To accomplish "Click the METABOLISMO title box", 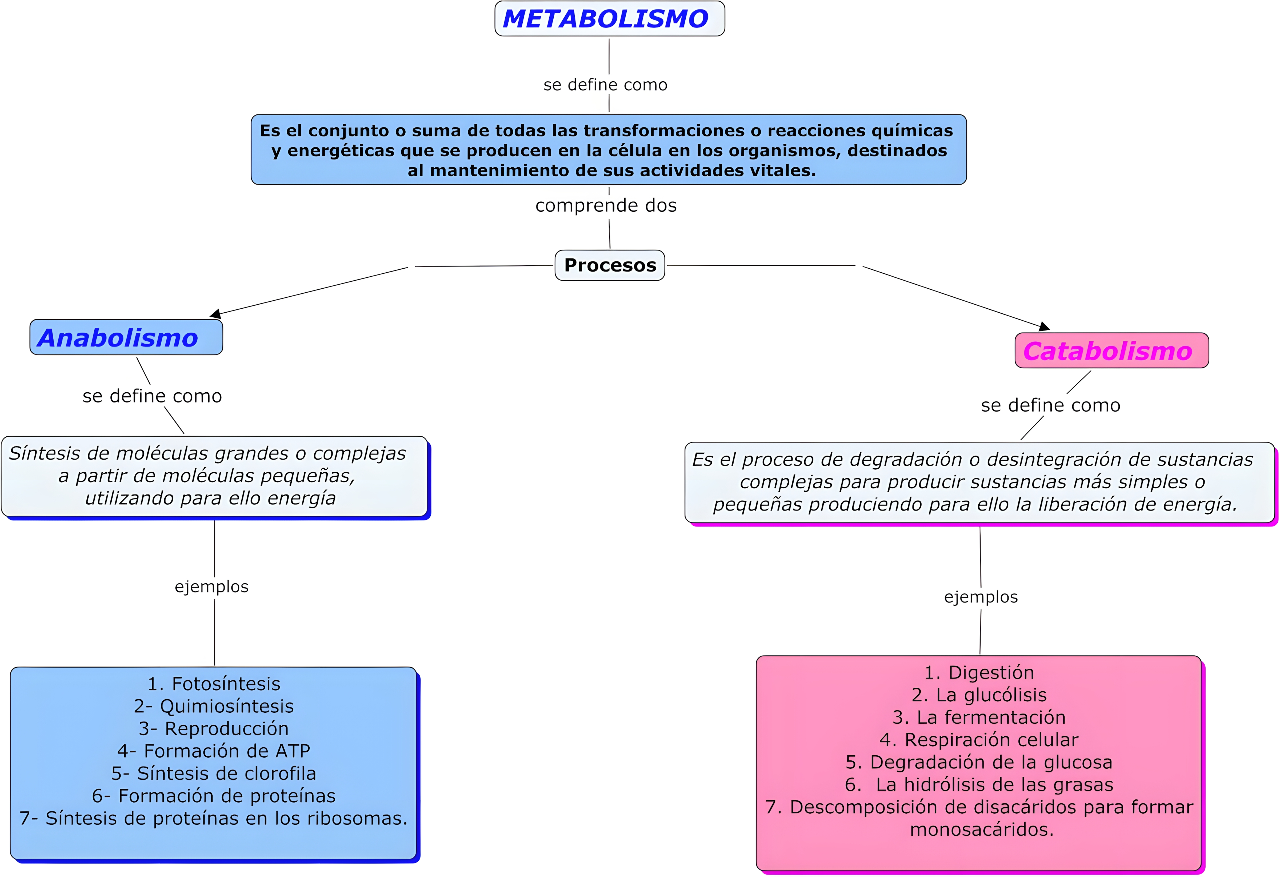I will (609, 19).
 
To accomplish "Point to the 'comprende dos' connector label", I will (606, 205).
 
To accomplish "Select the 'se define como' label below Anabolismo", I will (152, 396).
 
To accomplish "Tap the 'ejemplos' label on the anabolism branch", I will (211, 587).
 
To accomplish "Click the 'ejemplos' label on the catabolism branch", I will (980, 597).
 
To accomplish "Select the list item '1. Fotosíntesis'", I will (214, 684).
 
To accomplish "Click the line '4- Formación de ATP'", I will (214, 751).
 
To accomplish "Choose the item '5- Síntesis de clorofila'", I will (214, 774).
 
